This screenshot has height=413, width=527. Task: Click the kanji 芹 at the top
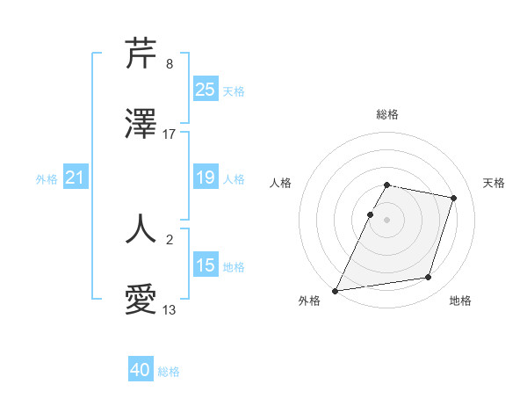pos(141,54)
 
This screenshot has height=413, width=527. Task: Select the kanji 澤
pos(141,125)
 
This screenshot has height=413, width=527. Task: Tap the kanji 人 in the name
pos(141,228)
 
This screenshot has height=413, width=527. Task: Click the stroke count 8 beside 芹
pos(170,64)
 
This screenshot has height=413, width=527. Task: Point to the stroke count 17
pos(170,134)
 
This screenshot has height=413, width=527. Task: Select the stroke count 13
pos(170,309)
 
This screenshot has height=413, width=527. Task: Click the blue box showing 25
pos(206,90)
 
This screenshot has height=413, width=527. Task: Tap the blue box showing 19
pos(206,178)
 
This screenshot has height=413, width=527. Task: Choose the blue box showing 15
pos(206,265)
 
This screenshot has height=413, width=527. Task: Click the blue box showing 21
pos(76,178)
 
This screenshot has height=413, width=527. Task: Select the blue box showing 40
pos(141,371)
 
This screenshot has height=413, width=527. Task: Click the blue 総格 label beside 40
pos(169,372)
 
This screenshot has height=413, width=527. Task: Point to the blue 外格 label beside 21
pos(47,179)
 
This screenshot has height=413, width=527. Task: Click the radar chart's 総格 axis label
pos(386,115)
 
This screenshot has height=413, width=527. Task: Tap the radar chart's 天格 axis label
pos(494,183)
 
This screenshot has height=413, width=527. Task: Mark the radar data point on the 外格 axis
pos(336,290)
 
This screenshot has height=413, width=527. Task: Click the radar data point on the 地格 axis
pos(429,278)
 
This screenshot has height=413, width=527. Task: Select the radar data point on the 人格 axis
pos(370,214)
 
